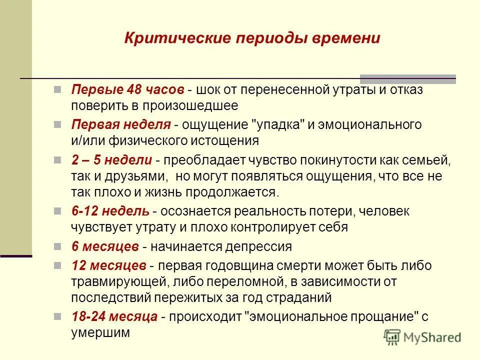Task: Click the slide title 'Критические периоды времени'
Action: pos(252,38)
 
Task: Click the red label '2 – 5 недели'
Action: pos(111,160)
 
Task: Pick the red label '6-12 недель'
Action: pos(110,211)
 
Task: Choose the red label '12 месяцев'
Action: pos(108,265)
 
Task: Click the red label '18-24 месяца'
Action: pos(114,316)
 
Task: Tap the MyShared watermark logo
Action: pos(422,336)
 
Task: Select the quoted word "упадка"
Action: pos(277,125)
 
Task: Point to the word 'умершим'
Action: pos(100,332)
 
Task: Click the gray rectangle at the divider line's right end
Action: pos(408,78)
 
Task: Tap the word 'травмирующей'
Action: pos(113,281)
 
